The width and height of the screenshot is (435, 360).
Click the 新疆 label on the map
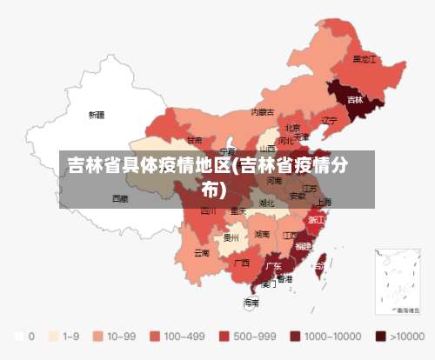(96, 114)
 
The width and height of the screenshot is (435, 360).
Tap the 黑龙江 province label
(365, 59)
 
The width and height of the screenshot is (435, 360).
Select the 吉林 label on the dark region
(355, 99)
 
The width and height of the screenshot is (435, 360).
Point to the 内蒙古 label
(263, 112)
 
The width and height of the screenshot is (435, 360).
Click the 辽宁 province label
(329, 121)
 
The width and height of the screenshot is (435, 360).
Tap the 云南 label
(201, 253)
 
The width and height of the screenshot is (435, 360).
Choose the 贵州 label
(231, 236)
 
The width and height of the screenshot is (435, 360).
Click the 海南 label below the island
(251, 303)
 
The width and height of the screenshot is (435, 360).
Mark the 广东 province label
(273, 265)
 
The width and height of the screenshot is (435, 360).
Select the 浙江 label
(317, 220)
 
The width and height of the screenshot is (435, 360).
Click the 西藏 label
(120, 198)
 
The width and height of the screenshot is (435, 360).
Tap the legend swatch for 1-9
(53, 335)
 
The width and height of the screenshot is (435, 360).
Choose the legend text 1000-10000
(332, 335)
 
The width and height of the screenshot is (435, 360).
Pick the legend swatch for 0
(18, 335)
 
